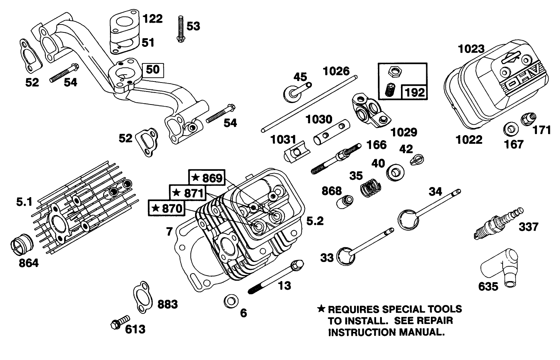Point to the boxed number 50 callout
point(153,70)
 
